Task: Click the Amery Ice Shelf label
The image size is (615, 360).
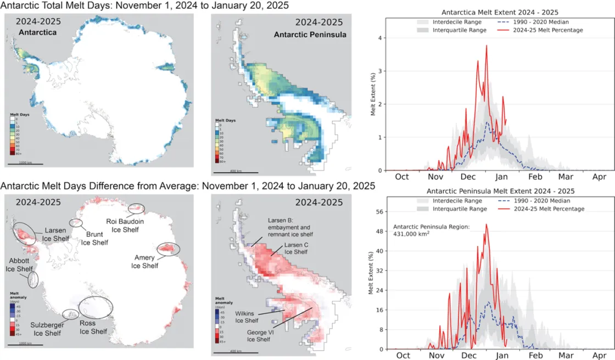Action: point(144,261)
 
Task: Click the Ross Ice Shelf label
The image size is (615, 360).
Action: point(93,328)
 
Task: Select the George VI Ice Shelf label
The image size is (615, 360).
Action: point(260,335)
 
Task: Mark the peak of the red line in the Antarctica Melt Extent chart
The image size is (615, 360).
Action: point(487,46)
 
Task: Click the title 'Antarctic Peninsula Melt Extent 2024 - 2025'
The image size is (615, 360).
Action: point(491,192)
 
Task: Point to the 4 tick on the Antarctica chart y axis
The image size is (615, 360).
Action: point(378,38)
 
